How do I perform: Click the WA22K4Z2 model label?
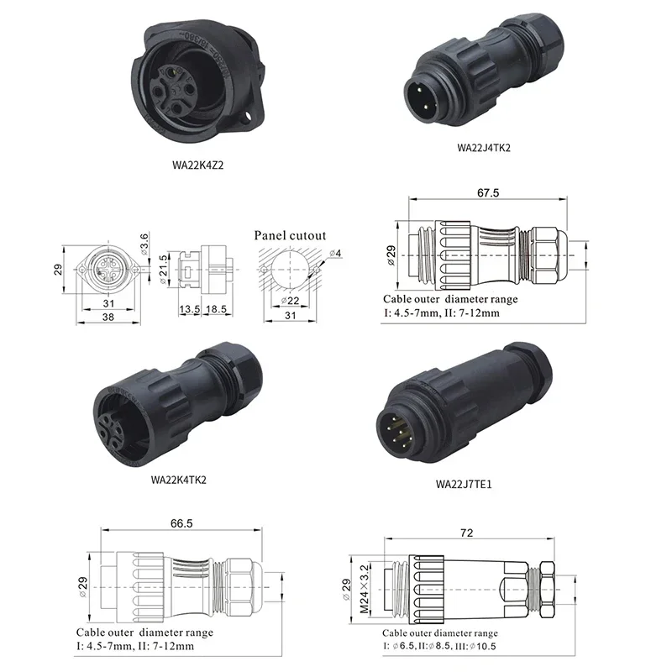point(198,165)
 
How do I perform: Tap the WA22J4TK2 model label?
point(484,148)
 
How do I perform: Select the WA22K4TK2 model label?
point(179,480)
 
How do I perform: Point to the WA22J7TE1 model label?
point(464,485)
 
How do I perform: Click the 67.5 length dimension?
point(488,193)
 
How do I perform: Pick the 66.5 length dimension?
point(181,523)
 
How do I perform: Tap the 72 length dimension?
point(467,533)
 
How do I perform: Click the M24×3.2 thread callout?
point(364,589)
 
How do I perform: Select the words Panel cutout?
point(290,235)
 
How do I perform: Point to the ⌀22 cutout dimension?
point(290,301)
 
